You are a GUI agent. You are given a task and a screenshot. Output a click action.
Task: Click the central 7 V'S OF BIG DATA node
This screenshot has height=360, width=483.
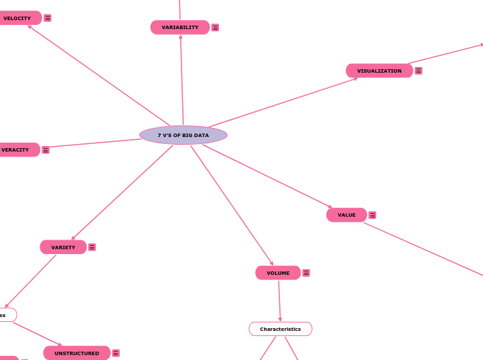[183, 135]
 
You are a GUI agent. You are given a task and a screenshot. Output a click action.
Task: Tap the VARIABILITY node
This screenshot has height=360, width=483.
[179, 28]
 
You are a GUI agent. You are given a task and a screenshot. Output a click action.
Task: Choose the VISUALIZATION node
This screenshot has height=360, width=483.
[379, 71]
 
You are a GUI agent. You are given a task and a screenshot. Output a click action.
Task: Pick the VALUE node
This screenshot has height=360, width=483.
[346, 215]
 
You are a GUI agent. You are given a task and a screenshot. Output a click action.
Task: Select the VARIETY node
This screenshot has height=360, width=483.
[63, 247]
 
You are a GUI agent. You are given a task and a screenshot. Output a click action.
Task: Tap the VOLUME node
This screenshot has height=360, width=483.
[278, 273]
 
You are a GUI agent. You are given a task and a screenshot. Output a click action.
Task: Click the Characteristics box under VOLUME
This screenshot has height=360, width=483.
[280, 329]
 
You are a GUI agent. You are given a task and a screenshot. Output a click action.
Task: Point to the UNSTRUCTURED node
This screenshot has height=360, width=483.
[76, 353]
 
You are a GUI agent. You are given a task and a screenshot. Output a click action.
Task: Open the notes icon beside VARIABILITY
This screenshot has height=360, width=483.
[216, 28]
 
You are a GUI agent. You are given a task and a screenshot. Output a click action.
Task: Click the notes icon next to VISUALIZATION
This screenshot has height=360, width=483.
[419, 71]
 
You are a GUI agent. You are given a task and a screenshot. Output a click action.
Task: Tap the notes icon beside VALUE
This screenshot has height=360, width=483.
[373, 215]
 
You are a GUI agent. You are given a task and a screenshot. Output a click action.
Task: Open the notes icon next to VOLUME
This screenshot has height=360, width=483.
[306, 273]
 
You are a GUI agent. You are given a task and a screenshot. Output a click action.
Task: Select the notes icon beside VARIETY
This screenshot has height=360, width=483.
[92, 247]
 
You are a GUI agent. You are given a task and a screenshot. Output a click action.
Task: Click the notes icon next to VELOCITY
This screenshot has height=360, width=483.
[48, 18]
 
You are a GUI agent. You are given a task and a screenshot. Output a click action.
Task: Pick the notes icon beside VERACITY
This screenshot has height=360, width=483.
[46, 150]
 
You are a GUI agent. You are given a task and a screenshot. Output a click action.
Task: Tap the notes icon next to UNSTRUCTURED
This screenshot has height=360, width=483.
[116, 353]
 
